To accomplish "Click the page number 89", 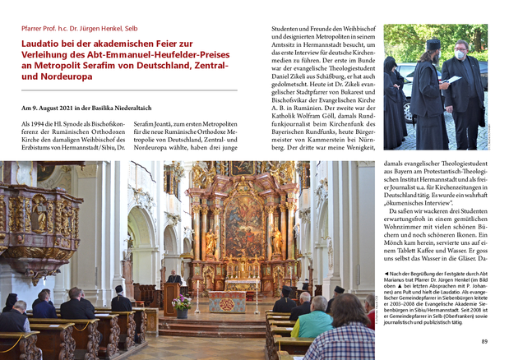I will [x=484, y=341].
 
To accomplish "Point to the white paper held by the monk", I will [x=450, y=79].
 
